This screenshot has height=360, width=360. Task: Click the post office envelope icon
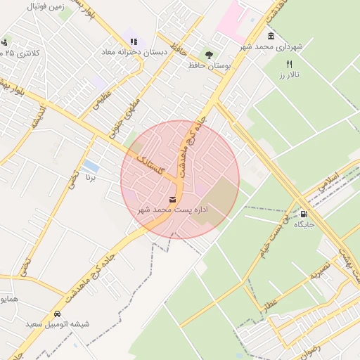tap(173, 199)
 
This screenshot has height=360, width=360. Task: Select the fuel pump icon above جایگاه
tap(304, 214)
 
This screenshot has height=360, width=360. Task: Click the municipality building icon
tap(271, 37)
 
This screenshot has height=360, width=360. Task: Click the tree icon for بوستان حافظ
tap(208, 54)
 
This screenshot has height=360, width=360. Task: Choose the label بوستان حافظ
tap(210, 65)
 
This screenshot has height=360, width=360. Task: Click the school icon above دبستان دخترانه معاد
tap(134, 41)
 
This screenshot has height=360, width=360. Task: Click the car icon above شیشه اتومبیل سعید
tap(57, 314)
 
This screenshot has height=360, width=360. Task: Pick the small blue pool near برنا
tap(90, 166)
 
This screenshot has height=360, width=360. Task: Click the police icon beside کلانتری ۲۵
tap(6, 42)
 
